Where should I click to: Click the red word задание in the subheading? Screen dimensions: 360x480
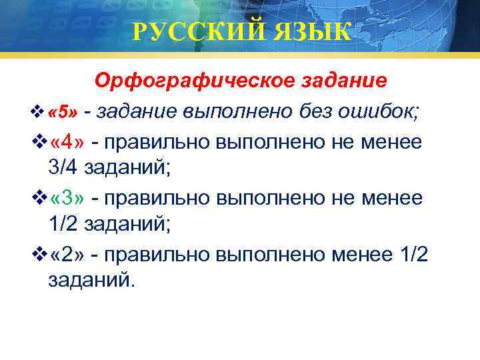[343, 81]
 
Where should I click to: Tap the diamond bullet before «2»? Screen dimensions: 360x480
[41, 255]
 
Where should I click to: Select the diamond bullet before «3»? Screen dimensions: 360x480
[41, 199]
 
